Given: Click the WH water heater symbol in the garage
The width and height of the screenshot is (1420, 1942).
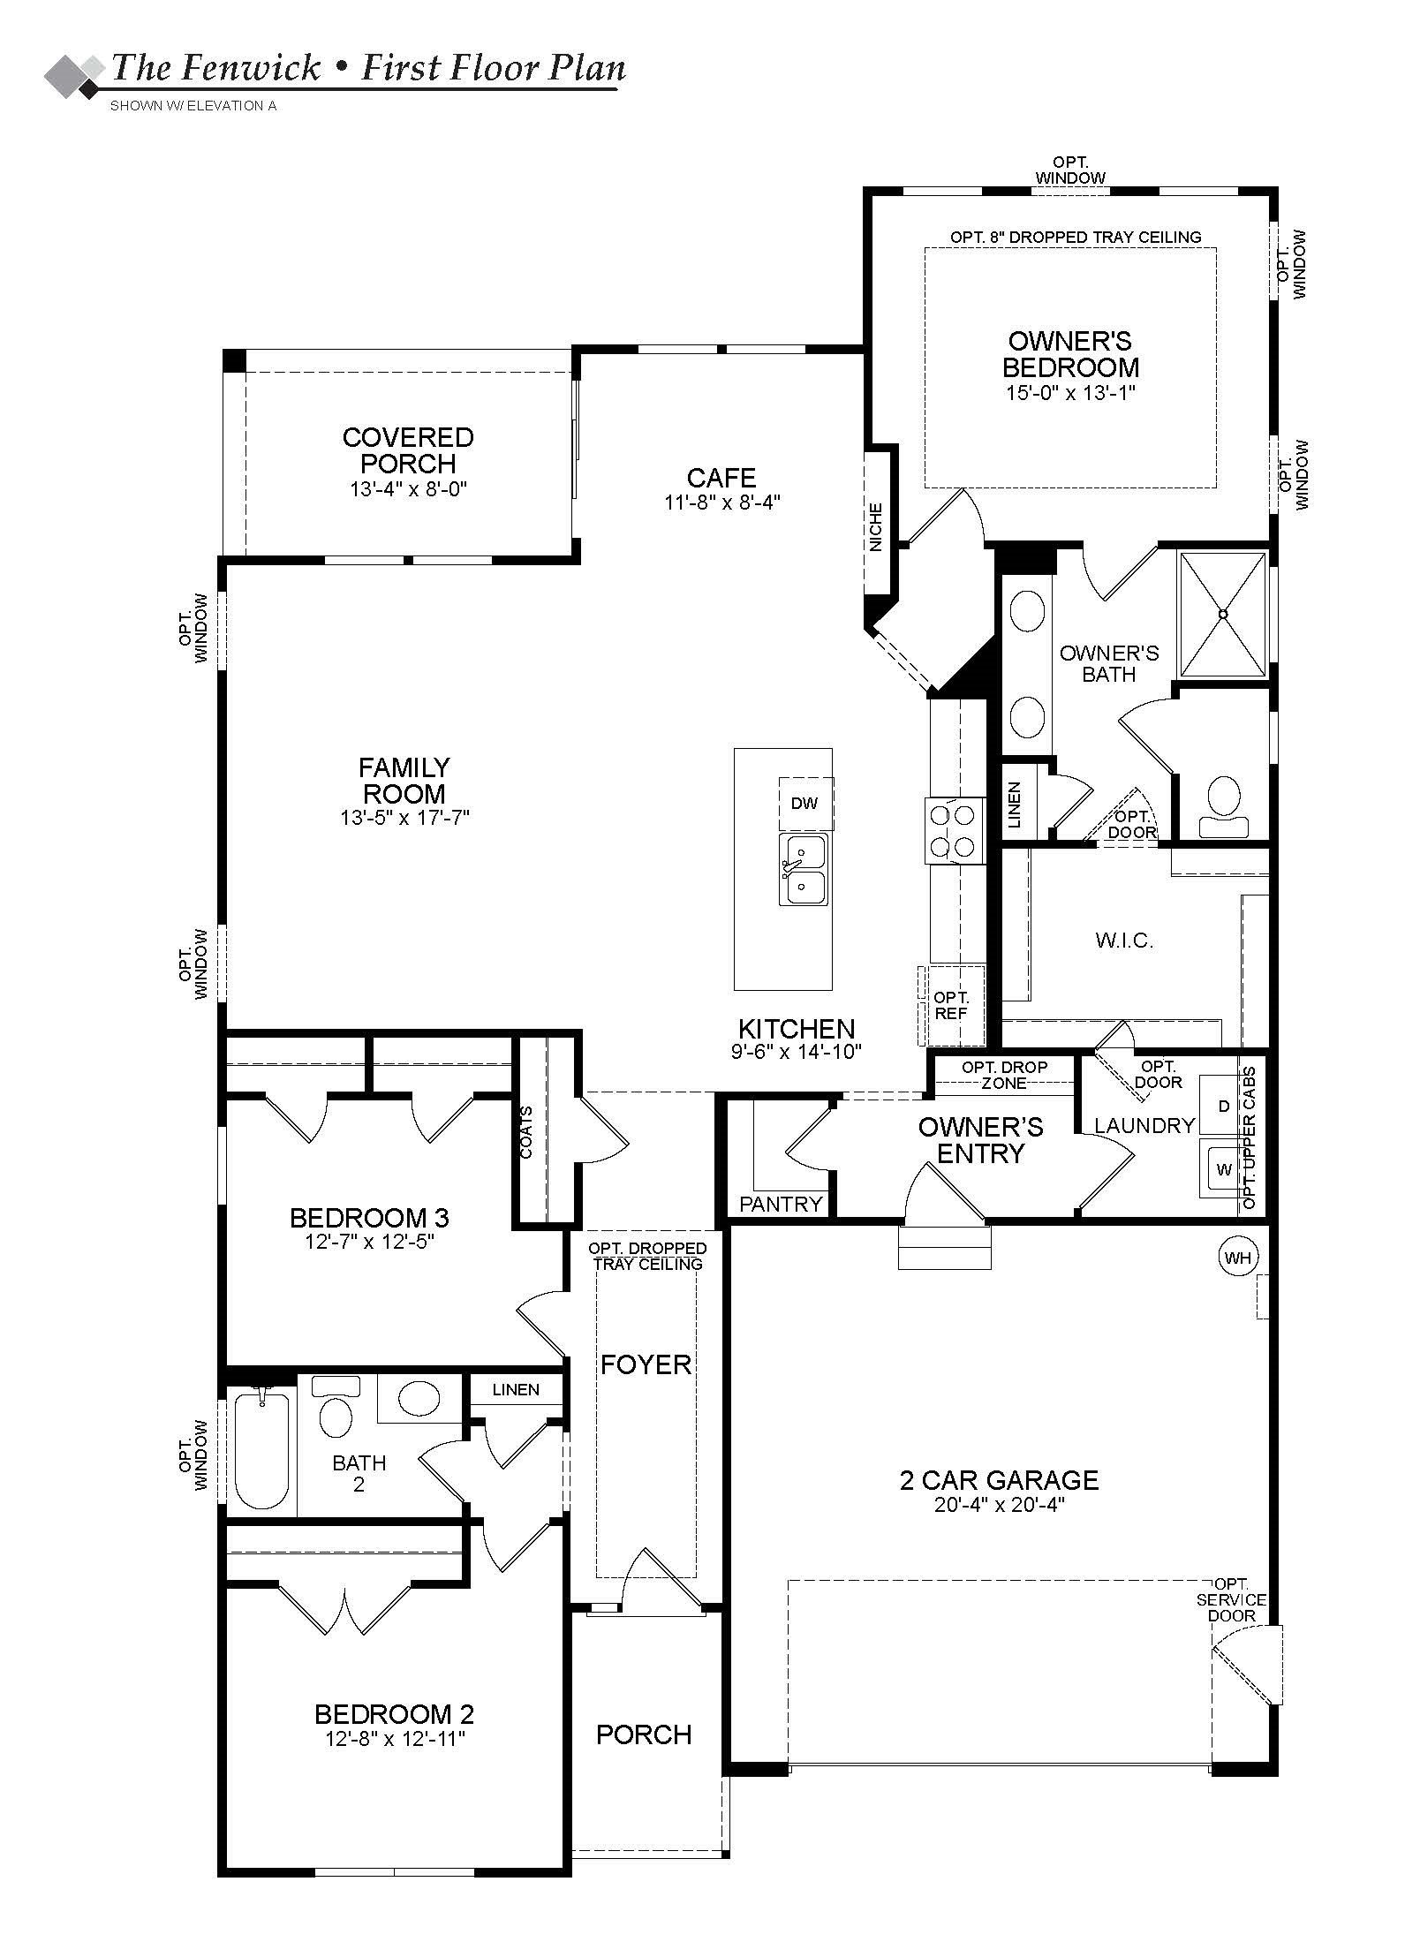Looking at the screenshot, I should (1237, 1258).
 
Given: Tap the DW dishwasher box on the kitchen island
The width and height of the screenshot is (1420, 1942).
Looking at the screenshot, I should (804, 804).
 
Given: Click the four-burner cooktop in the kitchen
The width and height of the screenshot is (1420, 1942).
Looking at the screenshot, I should (955, 829).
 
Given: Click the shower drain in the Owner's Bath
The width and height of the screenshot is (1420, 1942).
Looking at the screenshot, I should (1223, 614).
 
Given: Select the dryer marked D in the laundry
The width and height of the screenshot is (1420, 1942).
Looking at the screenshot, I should (1223, 1106).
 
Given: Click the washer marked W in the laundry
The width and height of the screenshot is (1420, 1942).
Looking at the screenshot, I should (1223, 1170).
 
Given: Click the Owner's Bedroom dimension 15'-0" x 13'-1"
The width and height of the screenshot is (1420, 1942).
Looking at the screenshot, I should (1069, 393).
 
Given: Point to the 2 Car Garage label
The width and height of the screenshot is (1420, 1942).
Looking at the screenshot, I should (999, 1480).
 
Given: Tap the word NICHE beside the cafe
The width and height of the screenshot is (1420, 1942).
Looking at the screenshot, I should (876, 527).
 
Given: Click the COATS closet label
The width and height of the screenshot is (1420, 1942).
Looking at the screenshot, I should (527, 1131).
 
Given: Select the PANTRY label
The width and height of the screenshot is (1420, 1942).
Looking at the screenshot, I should (781, 1204).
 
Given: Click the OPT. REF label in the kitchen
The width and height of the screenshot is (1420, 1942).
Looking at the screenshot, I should (951, 1005).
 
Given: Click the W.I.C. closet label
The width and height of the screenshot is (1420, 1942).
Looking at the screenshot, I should (1124, 941).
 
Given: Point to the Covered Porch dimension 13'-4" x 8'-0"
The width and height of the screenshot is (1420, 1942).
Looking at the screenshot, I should (407, 489).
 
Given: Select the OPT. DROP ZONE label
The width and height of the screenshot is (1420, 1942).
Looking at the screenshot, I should (1004, 1075).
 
